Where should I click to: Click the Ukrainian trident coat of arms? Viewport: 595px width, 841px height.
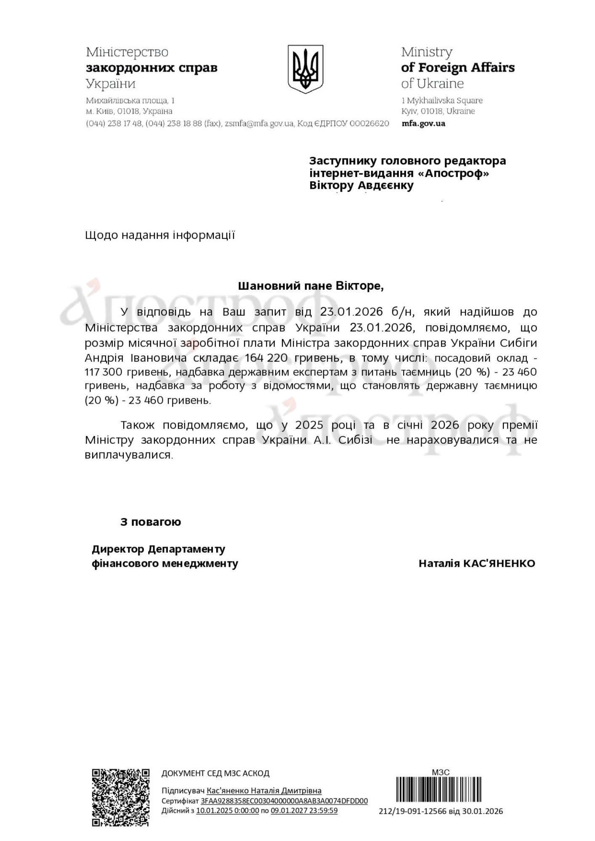[x=305, y=69]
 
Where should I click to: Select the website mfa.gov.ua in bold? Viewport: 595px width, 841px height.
[x=423, y=124]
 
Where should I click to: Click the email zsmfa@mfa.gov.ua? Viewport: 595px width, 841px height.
[x=259, y=124]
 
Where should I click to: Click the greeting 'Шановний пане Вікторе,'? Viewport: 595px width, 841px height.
[x=311, y=286]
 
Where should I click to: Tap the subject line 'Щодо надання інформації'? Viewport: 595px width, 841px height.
[x=160, y=235]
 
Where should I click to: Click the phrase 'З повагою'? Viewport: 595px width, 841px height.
[x=151, y=522]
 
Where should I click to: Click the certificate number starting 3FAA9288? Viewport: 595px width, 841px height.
[x=284, y=801]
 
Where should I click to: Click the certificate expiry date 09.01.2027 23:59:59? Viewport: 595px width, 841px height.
[x=304, y=810]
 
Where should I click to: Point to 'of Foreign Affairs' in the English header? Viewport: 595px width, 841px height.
[x=458, y=67]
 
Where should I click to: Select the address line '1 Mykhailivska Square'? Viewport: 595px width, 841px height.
[x=442, y=100]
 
